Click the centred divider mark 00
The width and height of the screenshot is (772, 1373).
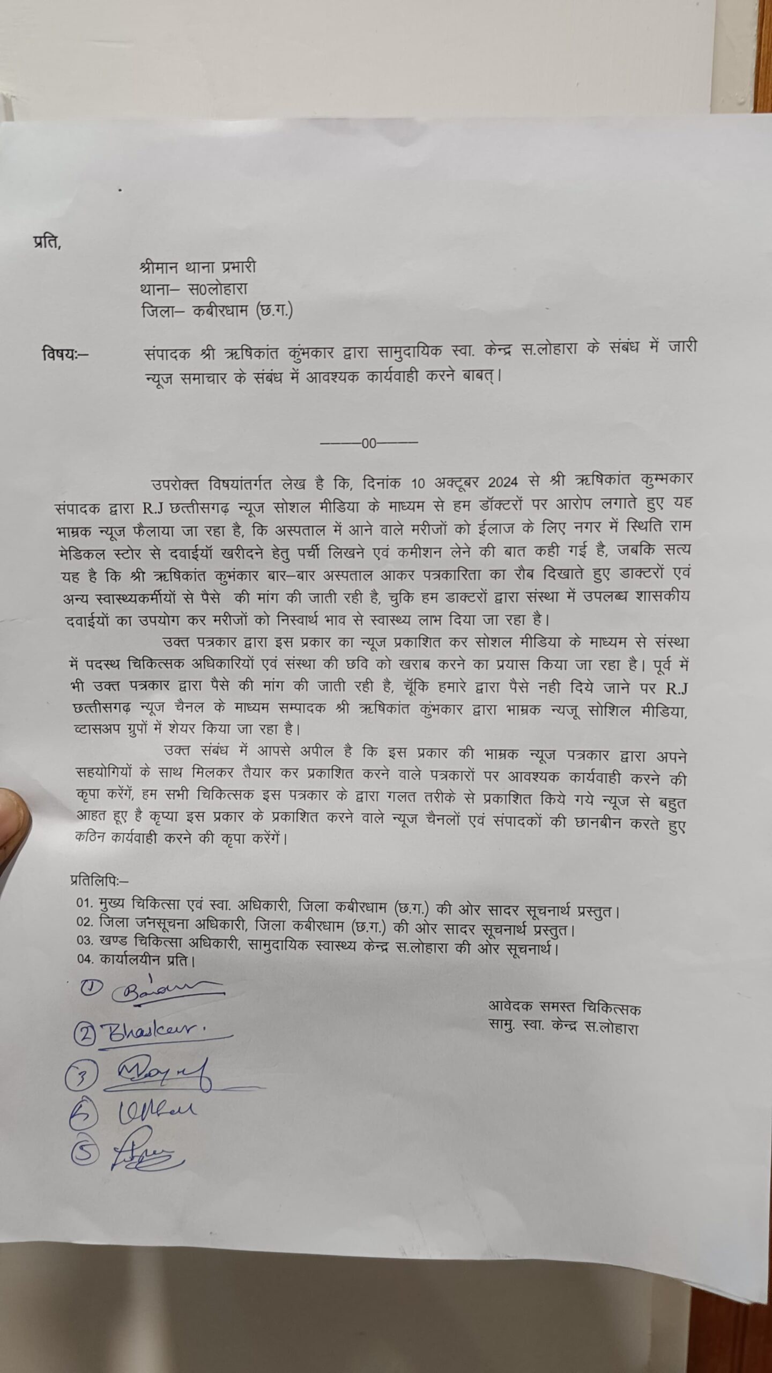click(x=369, y=444)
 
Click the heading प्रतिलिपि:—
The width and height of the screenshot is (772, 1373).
click(x=100, y=881)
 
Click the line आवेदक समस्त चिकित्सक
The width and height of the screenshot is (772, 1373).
click(x=565, y=1008)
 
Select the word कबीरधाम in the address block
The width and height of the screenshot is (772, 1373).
click(x=220, y=311)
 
